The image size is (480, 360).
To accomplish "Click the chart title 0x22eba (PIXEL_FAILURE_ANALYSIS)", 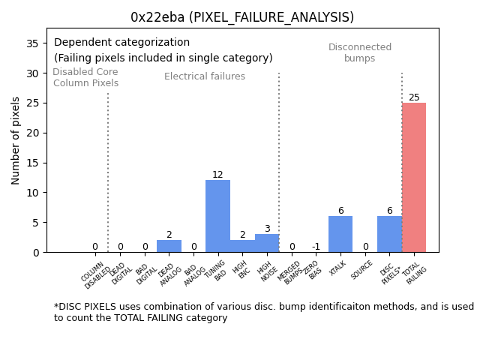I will pos(241,16).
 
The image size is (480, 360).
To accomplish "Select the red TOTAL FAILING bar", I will pos(414,178).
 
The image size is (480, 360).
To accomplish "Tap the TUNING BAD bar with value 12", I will pos(217,216).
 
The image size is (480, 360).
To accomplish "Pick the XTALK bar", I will pos(340,234).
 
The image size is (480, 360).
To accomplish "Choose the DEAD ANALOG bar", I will pos(169,246).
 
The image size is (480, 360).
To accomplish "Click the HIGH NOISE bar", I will pos(267,243).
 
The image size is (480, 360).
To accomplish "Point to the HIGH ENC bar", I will pos(242,246).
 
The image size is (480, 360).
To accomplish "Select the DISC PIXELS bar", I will pos(389,234).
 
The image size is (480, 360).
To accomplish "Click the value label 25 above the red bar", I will pos(414,97).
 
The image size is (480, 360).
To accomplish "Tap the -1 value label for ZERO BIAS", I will pos(316,247).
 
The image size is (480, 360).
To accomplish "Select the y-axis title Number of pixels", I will pos(16,140).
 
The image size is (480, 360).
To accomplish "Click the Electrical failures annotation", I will pos(204,76).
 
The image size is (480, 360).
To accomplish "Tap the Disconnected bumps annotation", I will pos(360,53).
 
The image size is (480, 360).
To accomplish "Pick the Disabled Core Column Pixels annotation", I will pos(85,78).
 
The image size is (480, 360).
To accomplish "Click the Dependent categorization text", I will pos(121,43).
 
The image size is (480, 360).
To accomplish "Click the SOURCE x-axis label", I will pos(363,269).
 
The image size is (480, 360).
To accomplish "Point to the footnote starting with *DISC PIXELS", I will pos(263,312).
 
